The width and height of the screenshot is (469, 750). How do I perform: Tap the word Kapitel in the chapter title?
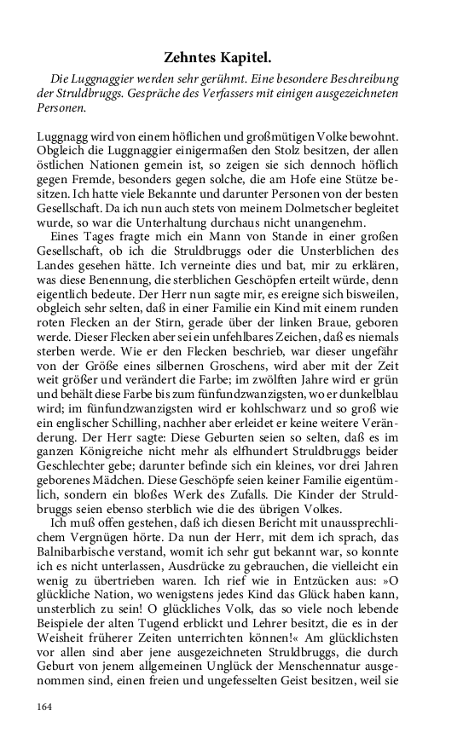[x=250, y=58]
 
